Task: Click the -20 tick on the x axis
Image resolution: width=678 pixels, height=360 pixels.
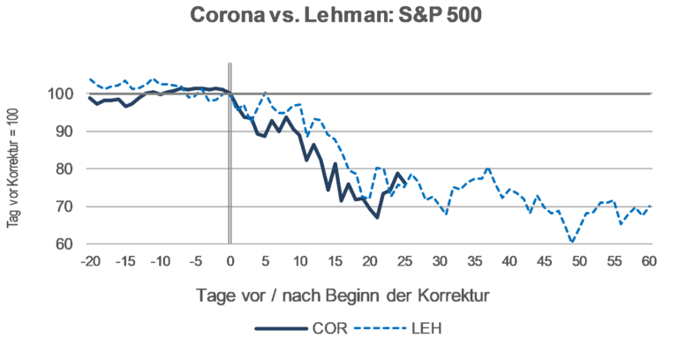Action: coord(88,262)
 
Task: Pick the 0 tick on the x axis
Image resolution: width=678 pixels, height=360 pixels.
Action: coord(230,262)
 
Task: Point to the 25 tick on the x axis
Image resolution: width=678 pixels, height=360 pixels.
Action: coord(405,262)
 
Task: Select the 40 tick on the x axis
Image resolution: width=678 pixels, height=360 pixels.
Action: coord(510,262)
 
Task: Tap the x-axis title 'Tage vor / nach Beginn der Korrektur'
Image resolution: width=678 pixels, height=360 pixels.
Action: coord(368,295)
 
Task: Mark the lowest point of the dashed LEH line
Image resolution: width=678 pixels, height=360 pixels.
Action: coord(573,241)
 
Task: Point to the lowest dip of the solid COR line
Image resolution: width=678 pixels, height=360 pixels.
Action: coord(377,217)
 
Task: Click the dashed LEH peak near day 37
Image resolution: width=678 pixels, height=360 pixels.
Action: coord(488,169)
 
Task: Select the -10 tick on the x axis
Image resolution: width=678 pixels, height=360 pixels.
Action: coord(159,262)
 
